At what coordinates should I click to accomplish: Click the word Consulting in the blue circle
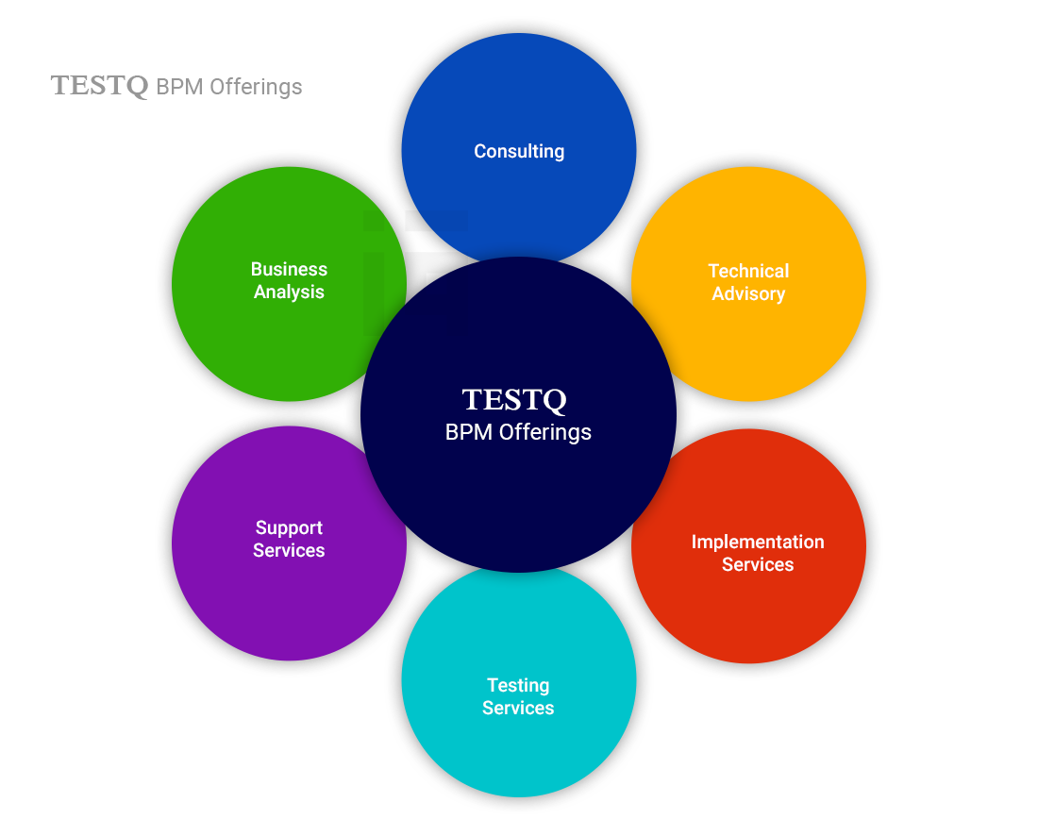(519, 151)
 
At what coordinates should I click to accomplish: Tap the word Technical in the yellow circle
(748, 271)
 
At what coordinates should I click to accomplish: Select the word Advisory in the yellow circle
(748, 293)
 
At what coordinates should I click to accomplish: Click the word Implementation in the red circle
(757, 542)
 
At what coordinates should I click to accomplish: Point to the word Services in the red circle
(757, 564)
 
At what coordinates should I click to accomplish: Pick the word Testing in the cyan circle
(518, 685)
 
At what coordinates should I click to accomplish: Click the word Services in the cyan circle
(518, 708)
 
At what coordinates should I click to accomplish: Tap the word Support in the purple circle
(289, 527)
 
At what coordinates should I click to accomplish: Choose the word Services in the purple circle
(289, 550)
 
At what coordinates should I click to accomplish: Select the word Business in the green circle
(289, 269)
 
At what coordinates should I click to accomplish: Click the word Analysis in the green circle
(289, 292)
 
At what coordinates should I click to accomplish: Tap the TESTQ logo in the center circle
(514, 400)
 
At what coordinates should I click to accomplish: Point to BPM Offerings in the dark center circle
(518, 432)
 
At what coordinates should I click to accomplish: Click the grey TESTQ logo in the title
(99, 86)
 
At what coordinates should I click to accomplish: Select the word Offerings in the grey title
(255, 87)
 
